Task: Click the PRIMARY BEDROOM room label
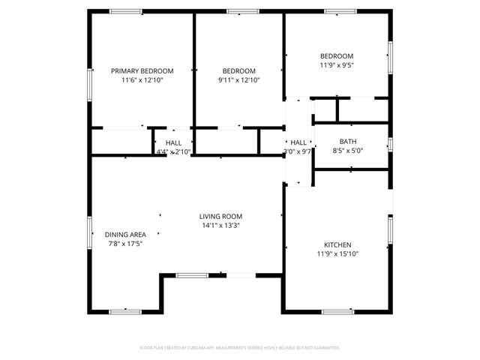click(x=142, y=70)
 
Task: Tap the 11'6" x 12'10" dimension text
click(x=142, y=80)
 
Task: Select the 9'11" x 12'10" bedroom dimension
click(x=239, y=80)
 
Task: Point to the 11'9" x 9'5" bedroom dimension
click(x=337, y=65)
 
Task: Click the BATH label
click(x=347, y=141)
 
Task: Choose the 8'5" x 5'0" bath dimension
click(x=347, y=151)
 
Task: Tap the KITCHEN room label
click(x=337, y=244)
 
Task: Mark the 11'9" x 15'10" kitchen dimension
click(x=337, y=254)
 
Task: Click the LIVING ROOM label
click(x=220, y=216)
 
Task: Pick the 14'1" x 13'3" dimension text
click(x=220, y=226)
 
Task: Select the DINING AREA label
click(x=125, y=234)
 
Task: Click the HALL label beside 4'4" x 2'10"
click(x=174, y=142)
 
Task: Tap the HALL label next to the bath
click(x=298, y=142)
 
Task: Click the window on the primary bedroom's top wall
click(x=126, y=11)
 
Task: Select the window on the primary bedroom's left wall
click(x=90, y=83)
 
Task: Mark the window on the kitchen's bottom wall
click(x=337, y=311)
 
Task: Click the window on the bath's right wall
click(x=390, y=143)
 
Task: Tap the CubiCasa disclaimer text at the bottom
click(x=240, y=348)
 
